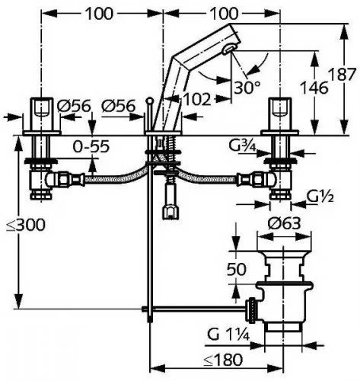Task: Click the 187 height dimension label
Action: [x=342, y=75]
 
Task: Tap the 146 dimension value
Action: [x=314, y=88]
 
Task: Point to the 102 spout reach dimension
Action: [x=196, y=99]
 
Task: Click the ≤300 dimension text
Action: [x=26, y=225]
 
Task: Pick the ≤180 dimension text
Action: [x=223, y=360]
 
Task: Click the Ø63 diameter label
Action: [x=284, y=223]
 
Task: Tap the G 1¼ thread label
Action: [x=228, y=335]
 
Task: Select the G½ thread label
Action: [x=320, y=197]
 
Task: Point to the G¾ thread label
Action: [x=242, y=146]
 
